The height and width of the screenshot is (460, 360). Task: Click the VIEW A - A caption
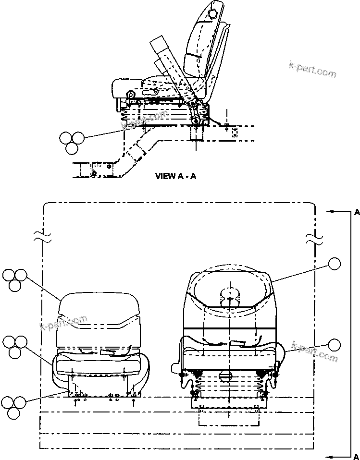[x=175, y=176]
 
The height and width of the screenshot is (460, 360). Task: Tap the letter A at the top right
[x=357, y=212]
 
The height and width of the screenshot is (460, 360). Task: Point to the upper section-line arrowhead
[x=329, y=211]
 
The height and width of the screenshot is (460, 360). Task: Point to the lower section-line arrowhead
[x=329, y=455]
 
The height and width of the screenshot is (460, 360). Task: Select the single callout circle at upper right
[x=335, y=263]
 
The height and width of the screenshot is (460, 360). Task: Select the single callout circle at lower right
[x=335, y=344]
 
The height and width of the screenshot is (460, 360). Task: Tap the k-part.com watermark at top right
[x=312, y=69]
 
